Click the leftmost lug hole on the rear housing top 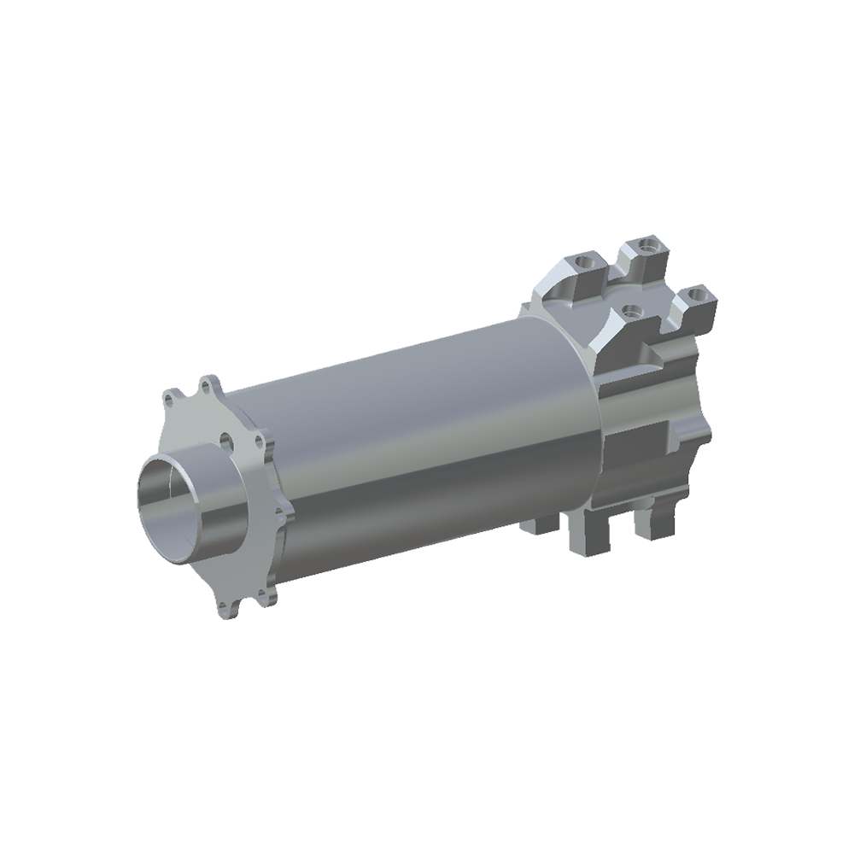(x=582, y=259)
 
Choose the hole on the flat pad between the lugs (x=631, y=310)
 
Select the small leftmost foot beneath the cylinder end (x=540, y=523)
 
